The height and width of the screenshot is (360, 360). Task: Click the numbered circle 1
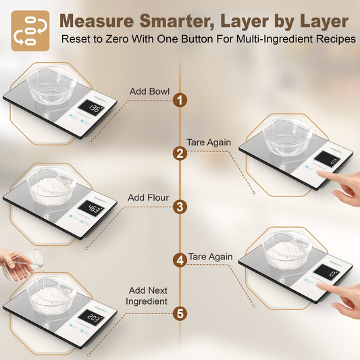[x=180, y=101]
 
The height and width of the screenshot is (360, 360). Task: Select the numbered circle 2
[x=180, y=153]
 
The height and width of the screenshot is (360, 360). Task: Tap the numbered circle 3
[x=180, y=207]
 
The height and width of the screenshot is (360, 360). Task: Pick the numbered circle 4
[x=180, y=260]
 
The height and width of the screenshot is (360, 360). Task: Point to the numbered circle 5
[x=180, y=313]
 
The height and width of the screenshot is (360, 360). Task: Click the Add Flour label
[x=147, y=198]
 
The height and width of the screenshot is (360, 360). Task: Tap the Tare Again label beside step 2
[x=209, y=143]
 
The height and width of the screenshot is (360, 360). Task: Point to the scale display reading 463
[x=91, y=209]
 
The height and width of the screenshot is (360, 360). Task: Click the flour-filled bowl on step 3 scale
[x=51, y=186]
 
